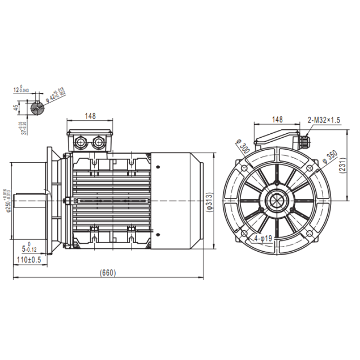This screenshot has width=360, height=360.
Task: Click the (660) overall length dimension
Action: click(108, 273)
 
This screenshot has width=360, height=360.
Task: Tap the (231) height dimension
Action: click(352, 164)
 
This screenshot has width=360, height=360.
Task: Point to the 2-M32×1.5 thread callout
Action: click(324, 120)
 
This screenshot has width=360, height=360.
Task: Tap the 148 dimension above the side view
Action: click(90, 116)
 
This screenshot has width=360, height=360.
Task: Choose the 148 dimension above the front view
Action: click(277, 119)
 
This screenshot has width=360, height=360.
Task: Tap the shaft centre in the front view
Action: click(277, 201)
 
